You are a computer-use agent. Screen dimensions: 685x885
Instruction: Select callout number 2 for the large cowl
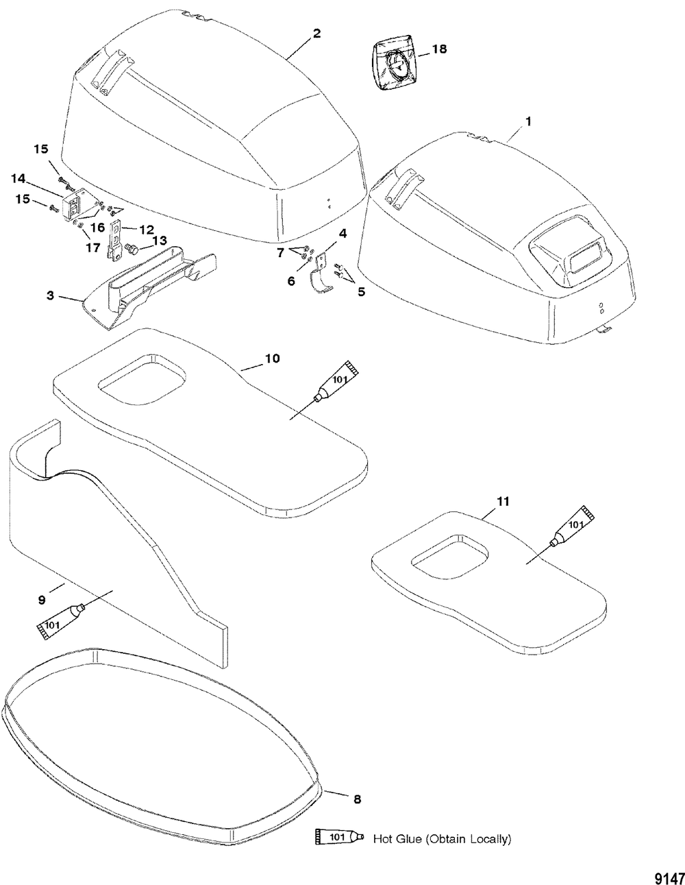316,34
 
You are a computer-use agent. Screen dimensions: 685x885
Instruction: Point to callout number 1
527,120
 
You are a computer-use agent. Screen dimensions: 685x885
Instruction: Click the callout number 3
50,296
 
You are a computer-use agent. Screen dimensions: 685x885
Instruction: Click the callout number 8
357,799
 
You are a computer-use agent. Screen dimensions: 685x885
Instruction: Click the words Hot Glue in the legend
397,838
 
